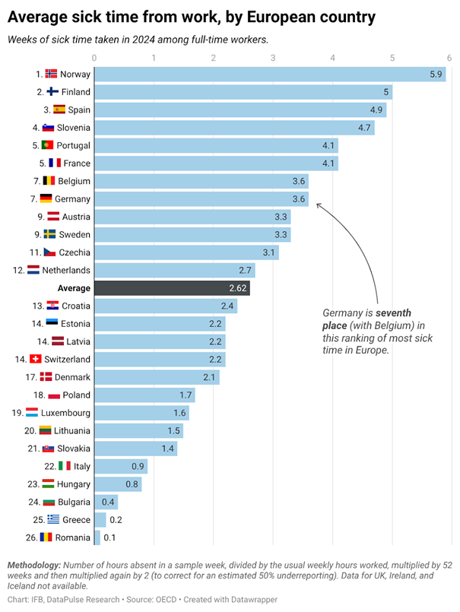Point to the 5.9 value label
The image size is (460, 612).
436,74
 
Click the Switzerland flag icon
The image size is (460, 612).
35,359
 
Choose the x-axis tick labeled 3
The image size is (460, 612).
273,57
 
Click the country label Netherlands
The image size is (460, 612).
66,270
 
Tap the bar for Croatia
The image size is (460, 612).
165,306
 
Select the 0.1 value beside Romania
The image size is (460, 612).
109,537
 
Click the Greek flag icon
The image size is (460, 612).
53,519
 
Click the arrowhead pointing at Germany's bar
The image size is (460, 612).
319,205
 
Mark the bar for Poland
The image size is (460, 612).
144,395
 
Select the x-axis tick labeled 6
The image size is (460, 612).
452,57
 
